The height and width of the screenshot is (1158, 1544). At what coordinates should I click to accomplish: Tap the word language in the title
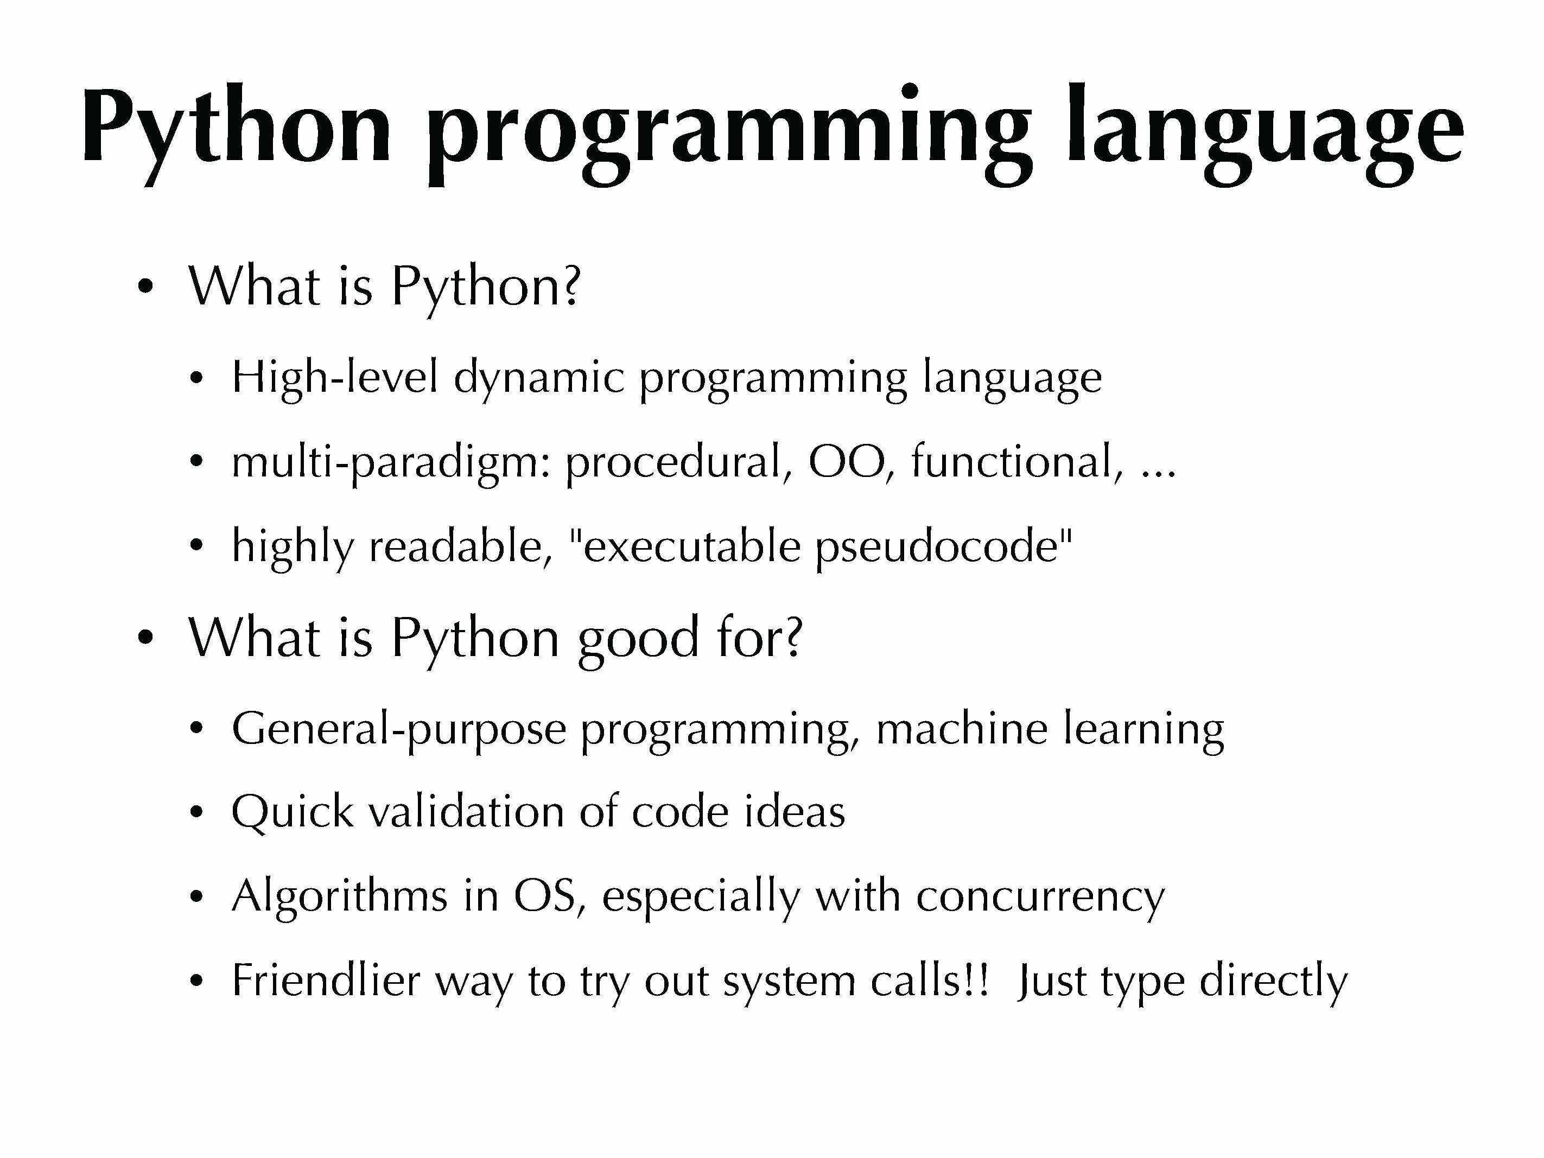point(1265,132)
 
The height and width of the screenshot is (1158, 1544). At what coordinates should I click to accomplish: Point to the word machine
point(961,729)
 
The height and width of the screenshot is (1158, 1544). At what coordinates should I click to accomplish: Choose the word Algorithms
point(339,897)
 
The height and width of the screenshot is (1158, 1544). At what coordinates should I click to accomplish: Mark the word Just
point(1051,980)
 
